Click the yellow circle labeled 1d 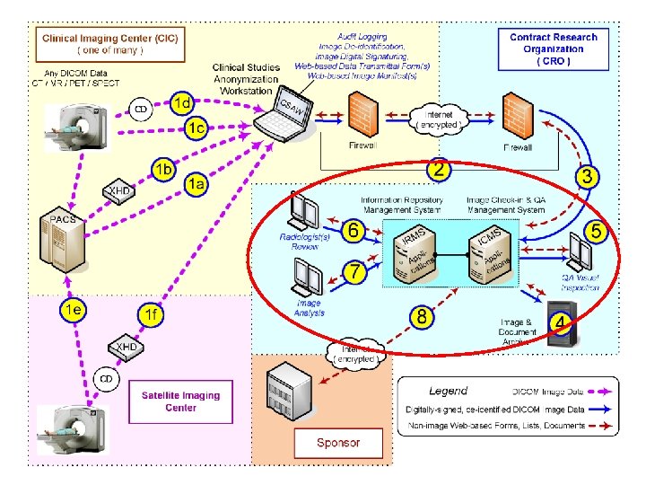pyautogui.click(x=182, y=101)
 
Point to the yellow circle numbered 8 pyautogui.click(x=421, y=316)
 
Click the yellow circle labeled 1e pyautogui.click(x=73, y=310)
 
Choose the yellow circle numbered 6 pyautogui.click(x=354, y=231)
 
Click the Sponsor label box pyautogui.click(x=338, y=442)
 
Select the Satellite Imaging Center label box pyautogui.click(x=180, y=401)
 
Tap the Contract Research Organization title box pyautogui.click(x=553, y=48)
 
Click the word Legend pyautogui.click(x=448, y=391)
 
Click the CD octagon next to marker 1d pyautogui.click(x=141, y=109)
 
